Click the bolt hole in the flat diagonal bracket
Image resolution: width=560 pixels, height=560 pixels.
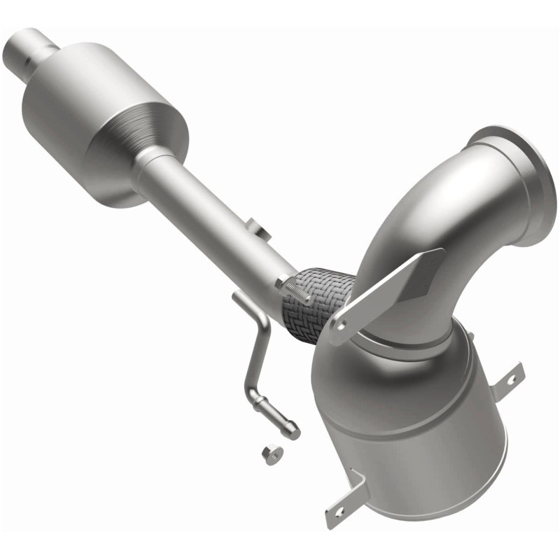click(x=342, y=325)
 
